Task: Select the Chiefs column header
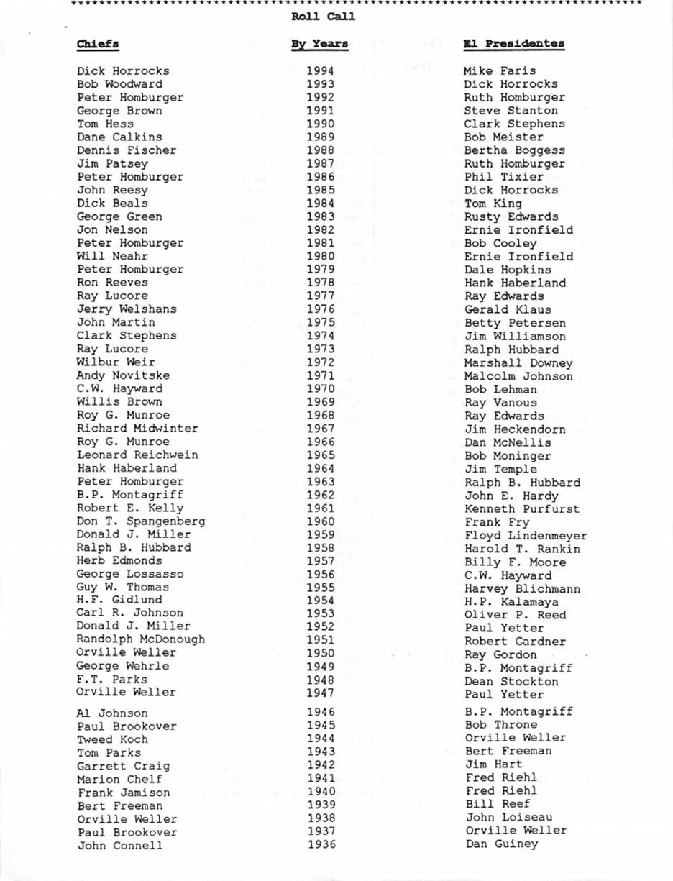[98, 44]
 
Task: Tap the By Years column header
[319, 44]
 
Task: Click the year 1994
[320, 70]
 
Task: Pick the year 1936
[321, 845]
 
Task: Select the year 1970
[320, 389]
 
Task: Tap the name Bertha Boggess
[514, 151]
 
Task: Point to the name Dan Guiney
[501, 844]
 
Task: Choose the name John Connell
[119, 846]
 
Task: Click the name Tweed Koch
[112, 739]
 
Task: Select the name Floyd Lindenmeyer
[526, 536]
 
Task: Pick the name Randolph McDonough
[140, 639]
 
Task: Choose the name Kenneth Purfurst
[522, 509]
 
